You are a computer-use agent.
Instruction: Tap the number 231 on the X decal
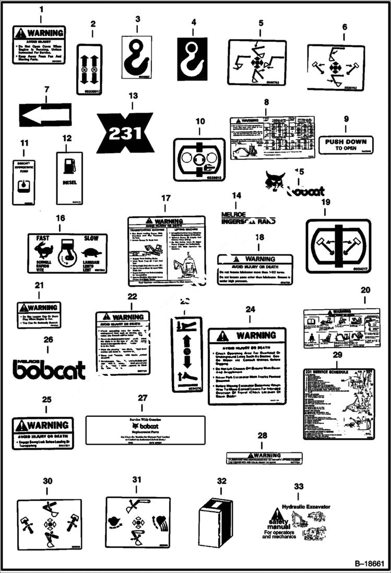[125, 134]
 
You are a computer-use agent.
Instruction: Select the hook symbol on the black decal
[193, 55]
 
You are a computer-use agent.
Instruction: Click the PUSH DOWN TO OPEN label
[346, 144]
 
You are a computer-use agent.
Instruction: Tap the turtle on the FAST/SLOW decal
[91, 252]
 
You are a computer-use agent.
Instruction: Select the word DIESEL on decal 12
[69, 183]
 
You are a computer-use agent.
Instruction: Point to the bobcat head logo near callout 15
[275, 181]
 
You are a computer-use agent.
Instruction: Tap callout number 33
[298, 486]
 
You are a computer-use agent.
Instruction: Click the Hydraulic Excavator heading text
[305, 506]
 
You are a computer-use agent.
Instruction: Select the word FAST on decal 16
[43, 238]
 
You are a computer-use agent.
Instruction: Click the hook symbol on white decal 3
[137, 55]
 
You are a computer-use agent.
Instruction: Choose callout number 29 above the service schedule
[337, 355]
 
